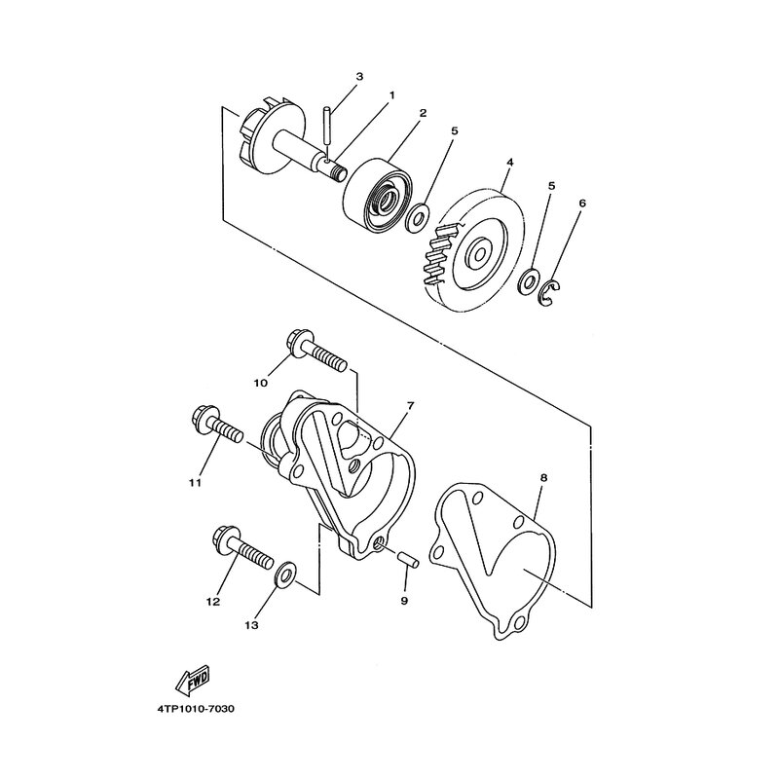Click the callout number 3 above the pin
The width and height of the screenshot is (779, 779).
point(359,77)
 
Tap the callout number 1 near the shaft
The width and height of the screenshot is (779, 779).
point(391,94)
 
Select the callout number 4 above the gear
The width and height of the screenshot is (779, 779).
point(510,162)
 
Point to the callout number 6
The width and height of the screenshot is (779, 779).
point(582,204)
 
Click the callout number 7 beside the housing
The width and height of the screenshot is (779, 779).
point(410,405)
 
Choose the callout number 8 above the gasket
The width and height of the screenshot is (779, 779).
point(544,477)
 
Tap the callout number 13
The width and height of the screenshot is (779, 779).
point(252,625)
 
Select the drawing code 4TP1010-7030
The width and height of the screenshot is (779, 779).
point(196,709)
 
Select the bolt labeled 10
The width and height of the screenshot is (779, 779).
point(315,353)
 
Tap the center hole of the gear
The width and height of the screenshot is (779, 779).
point(480,254)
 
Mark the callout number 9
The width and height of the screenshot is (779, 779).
point(404,601)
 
